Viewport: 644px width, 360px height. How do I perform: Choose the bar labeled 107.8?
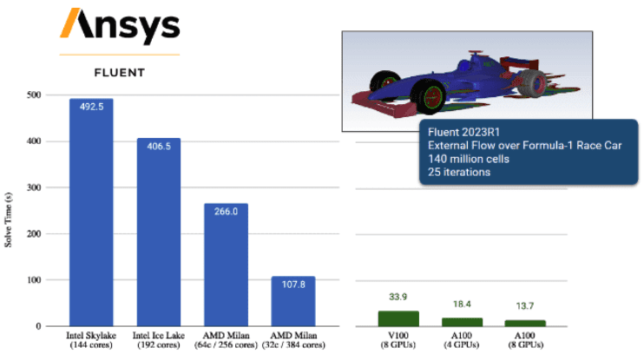click(x=293, y=301)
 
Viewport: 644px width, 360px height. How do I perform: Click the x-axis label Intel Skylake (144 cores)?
click(x=91, y=339)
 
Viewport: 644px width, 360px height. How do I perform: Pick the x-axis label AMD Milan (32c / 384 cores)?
click(x=293, y=339)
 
